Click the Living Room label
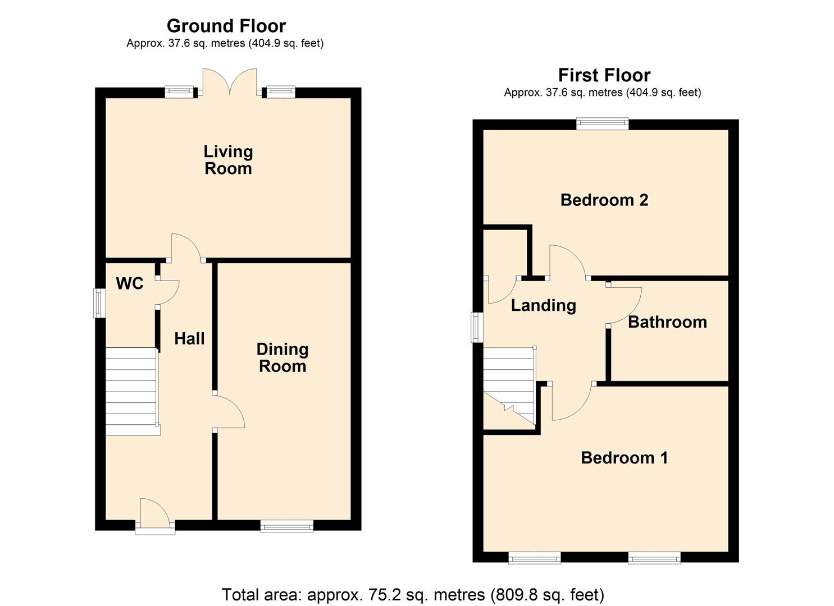[x=228, y=160]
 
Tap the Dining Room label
[x=282, y=357]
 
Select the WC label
[x=130, y=283]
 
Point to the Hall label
[x=189, y=338]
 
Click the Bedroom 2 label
[x=604, y=200]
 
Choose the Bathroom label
[x=667, y=322]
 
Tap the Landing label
[x=543, y=305]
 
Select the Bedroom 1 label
[x=624, y=458]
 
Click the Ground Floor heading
[x=226, y=26]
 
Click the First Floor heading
[x=604, y=75]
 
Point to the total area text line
[x=413, y=594]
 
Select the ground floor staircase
[x=132, y=391]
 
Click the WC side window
[x=100, y=303]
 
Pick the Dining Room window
[x=286, y=526]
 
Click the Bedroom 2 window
[x=602, y=124]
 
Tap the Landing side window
[x=477, y=327]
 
